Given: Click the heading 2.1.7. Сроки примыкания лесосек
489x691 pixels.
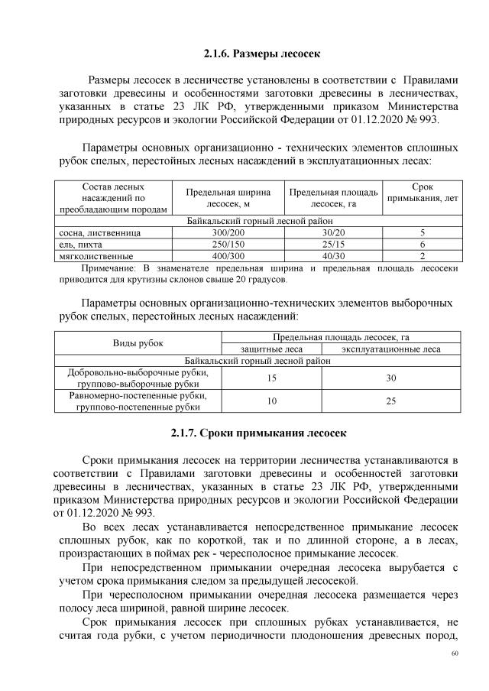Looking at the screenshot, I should click(x=253, y=433).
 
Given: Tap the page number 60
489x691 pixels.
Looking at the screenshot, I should click(x=455, y=654).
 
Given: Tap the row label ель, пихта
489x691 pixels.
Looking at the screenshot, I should click(x=79, y=244).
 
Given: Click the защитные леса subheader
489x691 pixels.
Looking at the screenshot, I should click(x=271, y=349).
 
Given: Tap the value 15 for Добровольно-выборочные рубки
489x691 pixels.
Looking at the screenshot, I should click(x=271, y=378).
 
